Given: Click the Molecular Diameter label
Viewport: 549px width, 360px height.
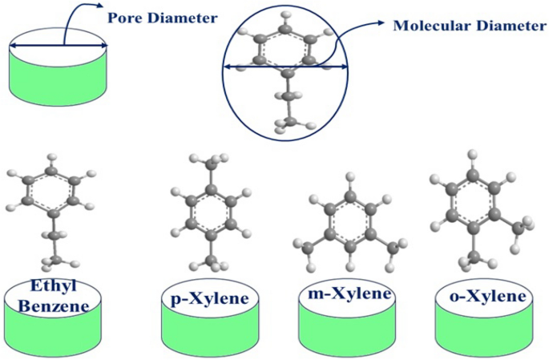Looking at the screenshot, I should click(470, 26).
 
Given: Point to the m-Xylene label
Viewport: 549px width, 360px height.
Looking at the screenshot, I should click(349, 294).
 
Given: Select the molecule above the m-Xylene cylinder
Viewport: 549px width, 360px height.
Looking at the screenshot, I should click(348, 224).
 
